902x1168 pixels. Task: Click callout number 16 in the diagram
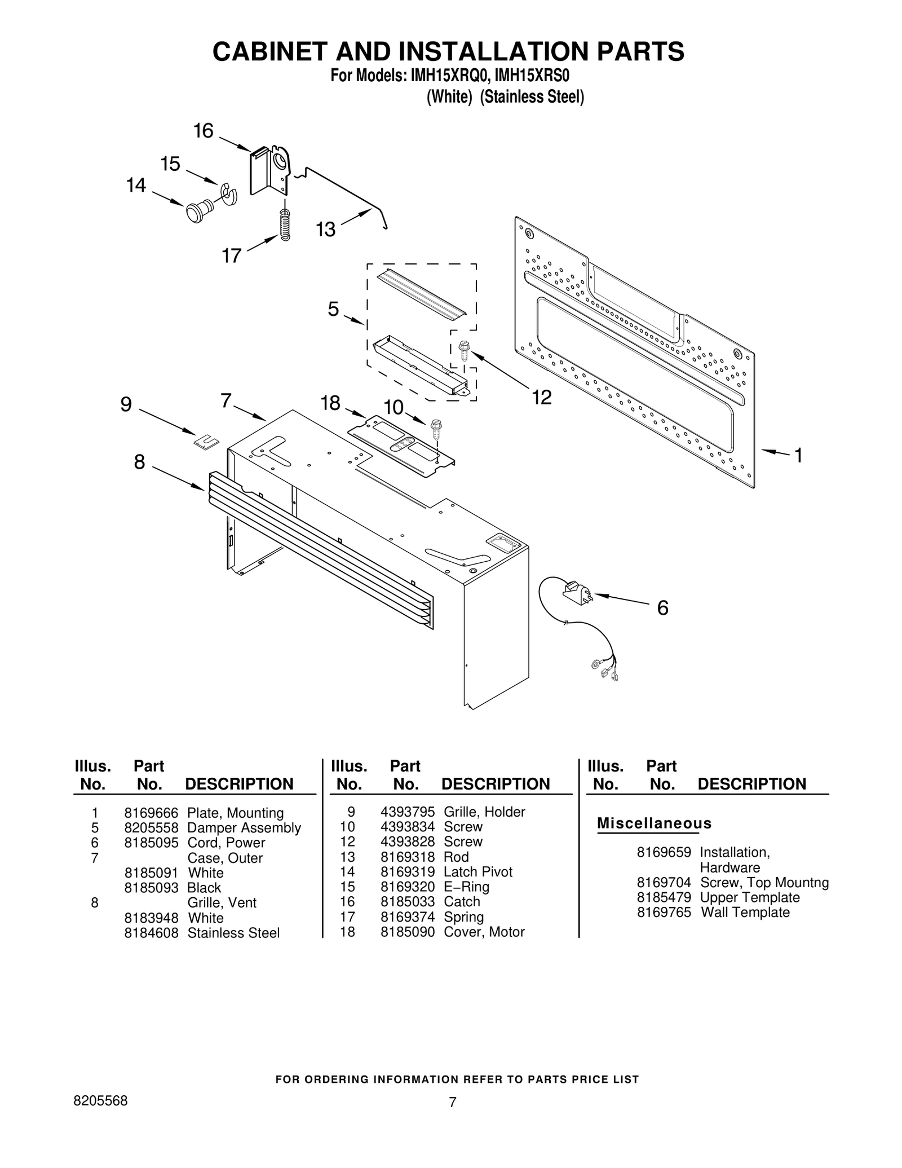[x=204, y=131]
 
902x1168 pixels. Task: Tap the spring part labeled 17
[x=285, y=224]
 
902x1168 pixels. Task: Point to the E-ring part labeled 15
[x=229, y=193]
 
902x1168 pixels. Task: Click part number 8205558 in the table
[x=151, y=828]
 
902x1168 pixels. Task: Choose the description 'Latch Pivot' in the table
[x=478, y=872]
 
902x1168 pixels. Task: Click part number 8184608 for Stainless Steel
[x=151, y=933]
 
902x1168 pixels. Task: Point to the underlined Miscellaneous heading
[x=654, y=823]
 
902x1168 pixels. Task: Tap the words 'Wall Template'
[x=745, y=912]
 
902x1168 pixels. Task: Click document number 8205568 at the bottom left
[x=101, y=1100]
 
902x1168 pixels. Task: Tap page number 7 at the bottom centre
[x=452, y=1102]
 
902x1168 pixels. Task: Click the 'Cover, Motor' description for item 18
[x=484, y=932]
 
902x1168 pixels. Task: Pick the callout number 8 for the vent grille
[x=139, y=462]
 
